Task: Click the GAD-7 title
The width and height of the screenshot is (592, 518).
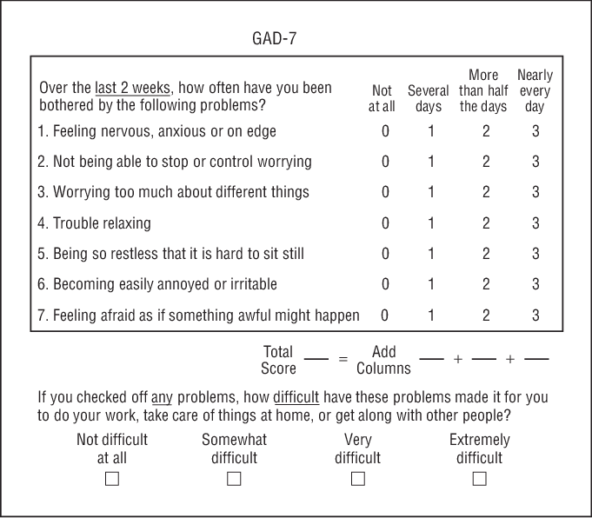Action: click(x=274, y=38)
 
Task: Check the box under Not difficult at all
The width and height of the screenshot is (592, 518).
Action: click(x=112, y=479)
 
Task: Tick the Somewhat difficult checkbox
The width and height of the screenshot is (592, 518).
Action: click(x=234, y=479)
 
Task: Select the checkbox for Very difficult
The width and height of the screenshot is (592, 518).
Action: click(x=357, y=479)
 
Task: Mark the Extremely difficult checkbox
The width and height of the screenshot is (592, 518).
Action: click(x=479, y=479)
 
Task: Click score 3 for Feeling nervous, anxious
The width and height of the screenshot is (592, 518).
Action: click(x=535, y=131)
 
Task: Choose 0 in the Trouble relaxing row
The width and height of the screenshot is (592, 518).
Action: click(x=385, y=223)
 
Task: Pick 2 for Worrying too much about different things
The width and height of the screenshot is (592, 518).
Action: click(x=486, y=192)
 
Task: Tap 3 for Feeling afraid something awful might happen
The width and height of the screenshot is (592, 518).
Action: click(x=535, y=315)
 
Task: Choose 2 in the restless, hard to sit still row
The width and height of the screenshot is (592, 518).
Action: click(x=486, y=254)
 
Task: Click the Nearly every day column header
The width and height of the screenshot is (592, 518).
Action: click(x=535, y=90)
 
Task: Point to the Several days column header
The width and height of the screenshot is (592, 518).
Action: click(x=429, y=98)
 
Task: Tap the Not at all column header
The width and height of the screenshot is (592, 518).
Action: click(x=382, y=98)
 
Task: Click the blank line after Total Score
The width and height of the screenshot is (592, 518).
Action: click(x=316, y=359)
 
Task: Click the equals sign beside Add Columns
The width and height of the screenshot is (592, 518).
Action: click(x=343, y=359)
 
